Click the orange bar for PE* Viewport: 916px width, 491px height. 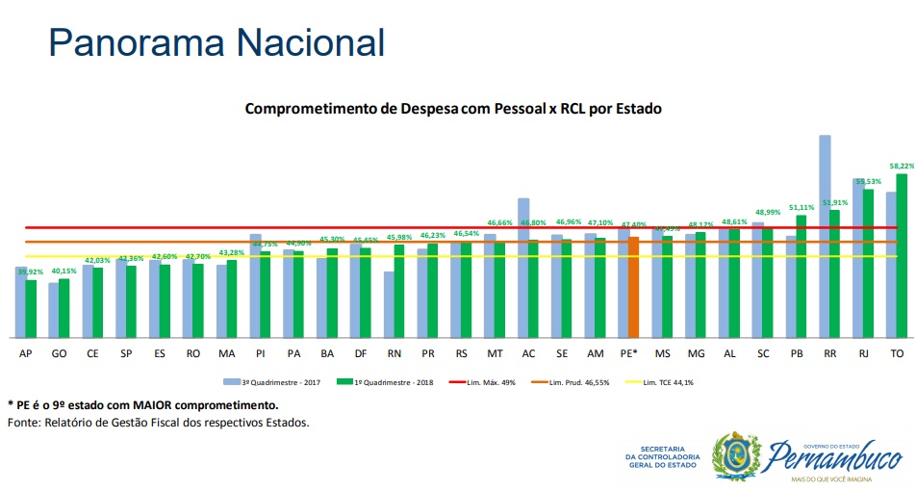point(633,287)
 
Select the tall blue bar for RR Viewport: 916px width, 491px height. point(825,236)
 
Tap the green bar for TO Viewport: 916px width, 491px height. point(901,255)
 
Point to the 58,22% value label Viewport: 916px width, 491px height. point(902,166)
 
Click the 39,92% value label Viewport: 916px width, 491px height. point(30,271)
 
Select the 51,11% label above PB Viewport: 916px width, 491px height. point(801,207)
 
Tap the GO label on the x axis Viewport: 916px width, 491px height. point(59,354)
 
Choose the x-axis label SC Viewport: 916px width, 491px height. point(762,354)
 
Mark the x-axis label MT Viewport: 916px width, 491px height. point(495,354)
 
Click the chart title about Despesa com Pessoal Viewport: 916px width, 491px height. point(453,109)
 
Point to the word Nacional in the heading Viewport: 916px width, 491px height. point(308,42)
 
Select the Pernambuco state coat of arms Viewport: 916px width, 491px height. point(735,455)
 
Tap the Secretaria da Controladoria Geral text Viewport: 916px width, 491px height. point(661,457)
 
